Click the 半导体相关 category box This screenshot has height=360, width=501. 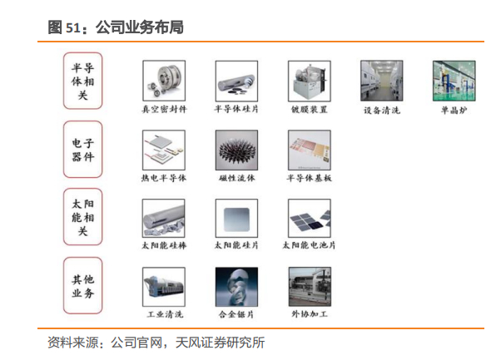pyautogui.click(x=82, y=81)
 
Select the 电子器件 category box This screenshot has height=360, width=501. pyautogui.click(x=82, y=150)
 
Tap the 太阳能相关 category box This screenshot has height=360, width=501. pyautogui.click(x=82, y=217)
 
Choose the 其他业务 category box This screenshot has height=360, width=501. pyautogui.click(x=82, y=286)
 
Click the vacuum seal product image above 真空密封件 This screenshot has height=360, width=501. pyautogui.click(x=164, y=81)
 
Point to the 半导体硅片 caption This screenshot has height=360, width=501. pyautogui.click(x=236, y=109)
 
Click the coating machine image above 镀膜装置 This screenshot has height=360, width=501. pyautogui.click(x=310, y=81)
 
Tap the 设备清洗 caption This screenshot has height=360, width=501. pyautogui.click(x=382, y=110)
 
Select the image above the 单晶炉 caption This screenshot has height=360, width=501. pyautogui.click(x=454, y=81)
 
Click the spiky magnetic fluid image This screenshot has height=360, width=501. pyautogui.click(x=236, y=150)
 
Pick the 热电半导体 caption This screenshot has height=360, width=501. pyautogui.click(x=164, y=178)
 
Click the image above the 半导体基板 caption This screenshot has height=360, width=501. pyautogui.click(x=310, y=150)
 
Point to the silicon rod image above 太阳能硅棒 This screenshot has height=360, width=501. pyautogui.click(x=164, y=219)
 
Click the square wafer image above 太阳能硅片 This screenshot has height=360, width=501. pyautogui.click(x=236, y=219)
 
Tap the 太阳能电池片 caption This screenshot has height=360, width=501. pyautogui.click(x=309, y=245)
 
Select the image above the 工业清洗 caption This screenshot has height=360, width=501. pyautogui.click(x=164, y=287)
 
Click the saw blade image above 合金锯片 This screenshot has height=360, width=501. pyautogui.click(x=236, y=287)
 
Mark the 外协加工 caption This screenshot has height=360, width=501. pyautogui.click(x=310, y=314)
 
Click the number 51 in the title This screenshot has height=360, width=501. pyautogui.click(x=73, y=27)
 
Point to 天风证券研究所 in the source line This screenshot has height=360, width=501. pyautogui.click(x=220, y=343)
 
